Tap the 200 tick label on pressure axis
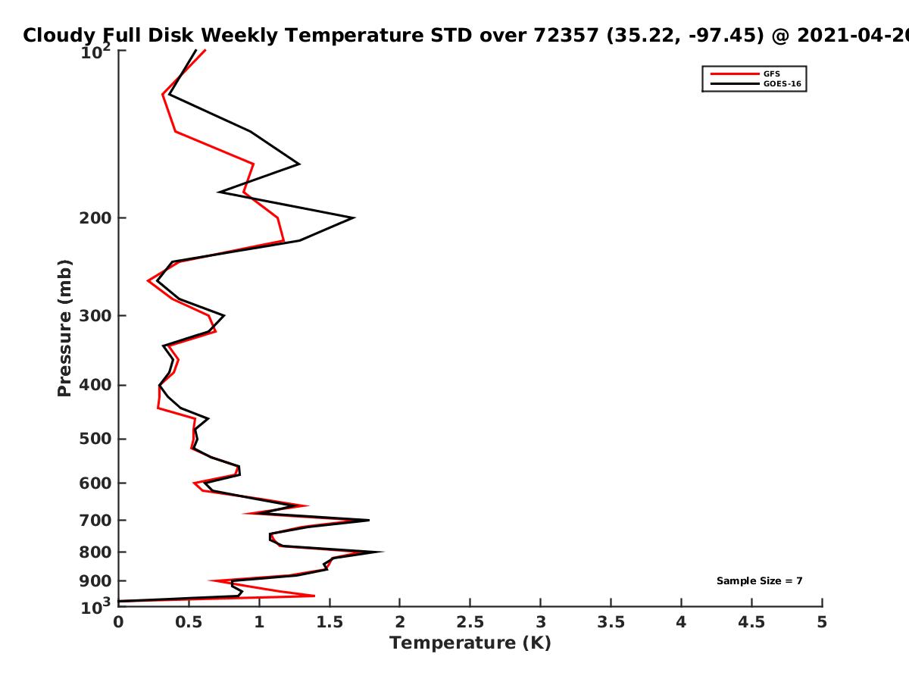click(95, 217)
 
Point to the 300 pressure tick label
click(95, 315)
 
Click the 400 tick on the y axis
click(95, 385)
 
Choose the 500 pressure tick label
click(95, 439)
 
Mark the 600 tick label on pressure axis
click(95, 483)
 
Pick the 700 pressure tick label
click(95, 520)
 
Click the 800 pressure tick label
click(95, 552)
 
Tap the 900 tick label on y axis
click(95, 581)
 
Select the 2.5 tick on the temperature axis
click(470, 622)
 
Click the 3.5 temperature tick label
click(611, 622)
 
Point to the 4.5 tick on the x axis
click(751, 622)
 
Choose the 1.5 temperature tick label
click(330, 622)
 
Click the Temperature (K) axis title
click(470, 643)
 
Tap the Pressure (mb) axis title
click(64, 328)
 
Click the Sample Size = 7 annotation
click(760, 581)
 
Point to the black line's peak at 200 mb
click(354, 217)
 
